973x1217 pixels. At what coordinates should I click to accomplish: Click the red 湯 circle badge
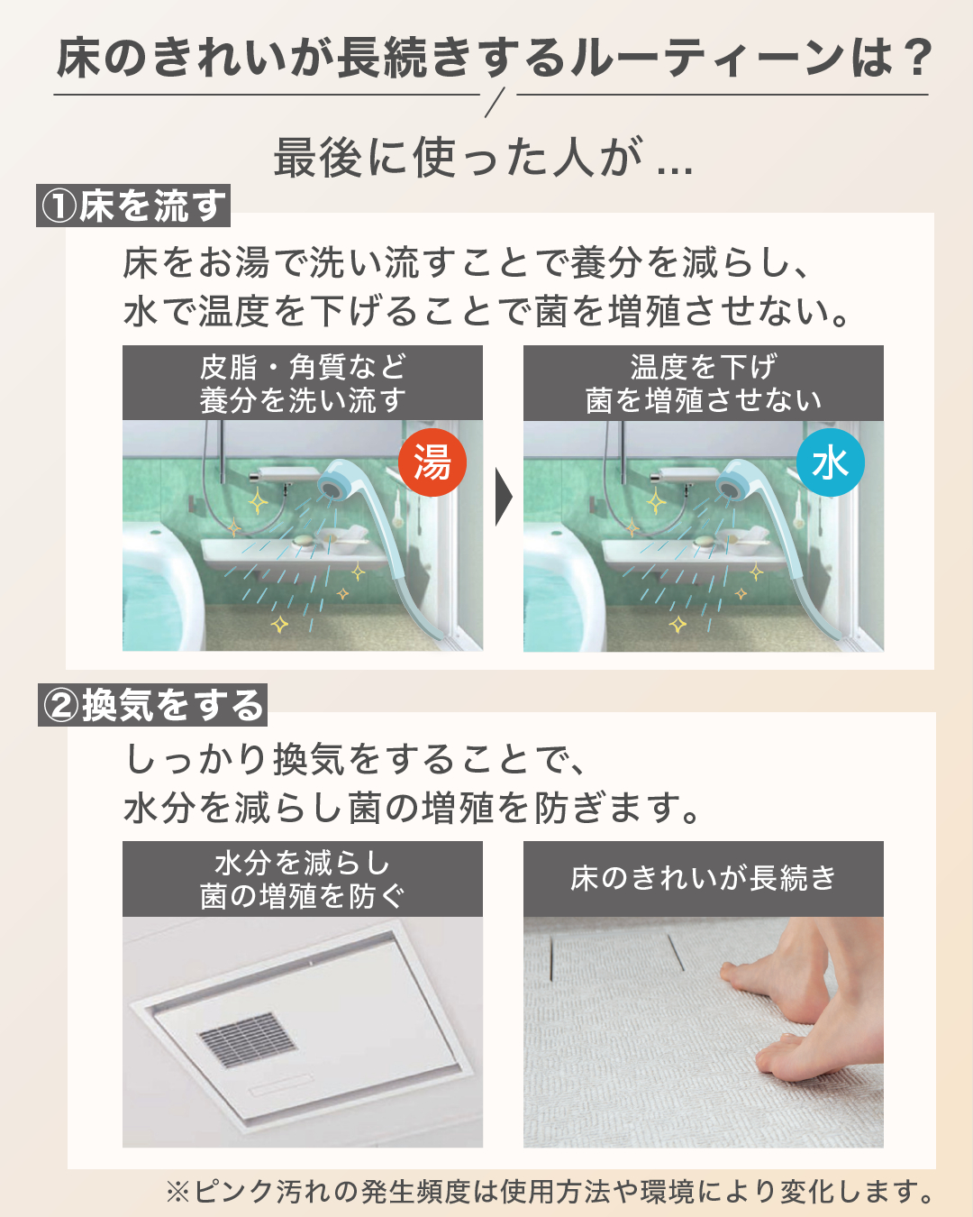pyautogui.click(x=432, y=462)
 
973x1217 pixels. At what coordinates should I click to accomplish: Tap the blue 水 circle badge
pyautogui.click(x=830, y=462)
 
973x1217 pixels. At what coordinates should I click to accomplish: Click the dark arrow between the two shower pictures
pyautogui.click(x=504, y=497)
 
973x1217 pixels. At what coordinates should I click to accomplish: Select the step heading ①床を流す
pyautogui.click(x=133, y=206)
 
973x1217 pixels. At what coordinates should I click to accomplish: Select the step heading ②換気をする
pyautogui.click(x=152, y=705)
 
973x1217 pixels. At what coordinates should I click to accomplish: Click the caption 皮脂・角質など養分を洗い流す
pyautogui.click(x=303, y=383)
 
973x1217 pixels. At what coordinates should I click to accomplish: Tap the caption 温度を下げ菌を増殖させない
pyautogui.click(x=704, y=383)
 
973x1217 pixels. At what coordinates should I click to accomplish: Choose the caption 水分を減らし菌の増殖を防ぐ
pyautogui.click(x=303, y=880)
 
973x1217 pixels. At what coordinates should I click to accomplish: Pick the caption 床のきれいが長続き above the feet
pyautogui.click(x=704, y=878)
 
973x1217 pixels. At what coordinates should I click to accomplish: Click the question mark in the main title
pyautogui.click(x=914, y=57)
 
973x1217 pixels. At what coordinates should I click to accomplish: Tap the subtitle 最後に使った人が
pyautogui.click(x=458, y=157)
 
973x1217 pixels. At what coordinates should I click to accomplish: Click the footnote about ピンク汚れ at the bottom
pyautogui.click(x=549, y=1192)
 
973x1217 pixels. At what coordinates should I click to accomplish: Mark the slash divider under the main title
pyautogui.click(x=494, y=103)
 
